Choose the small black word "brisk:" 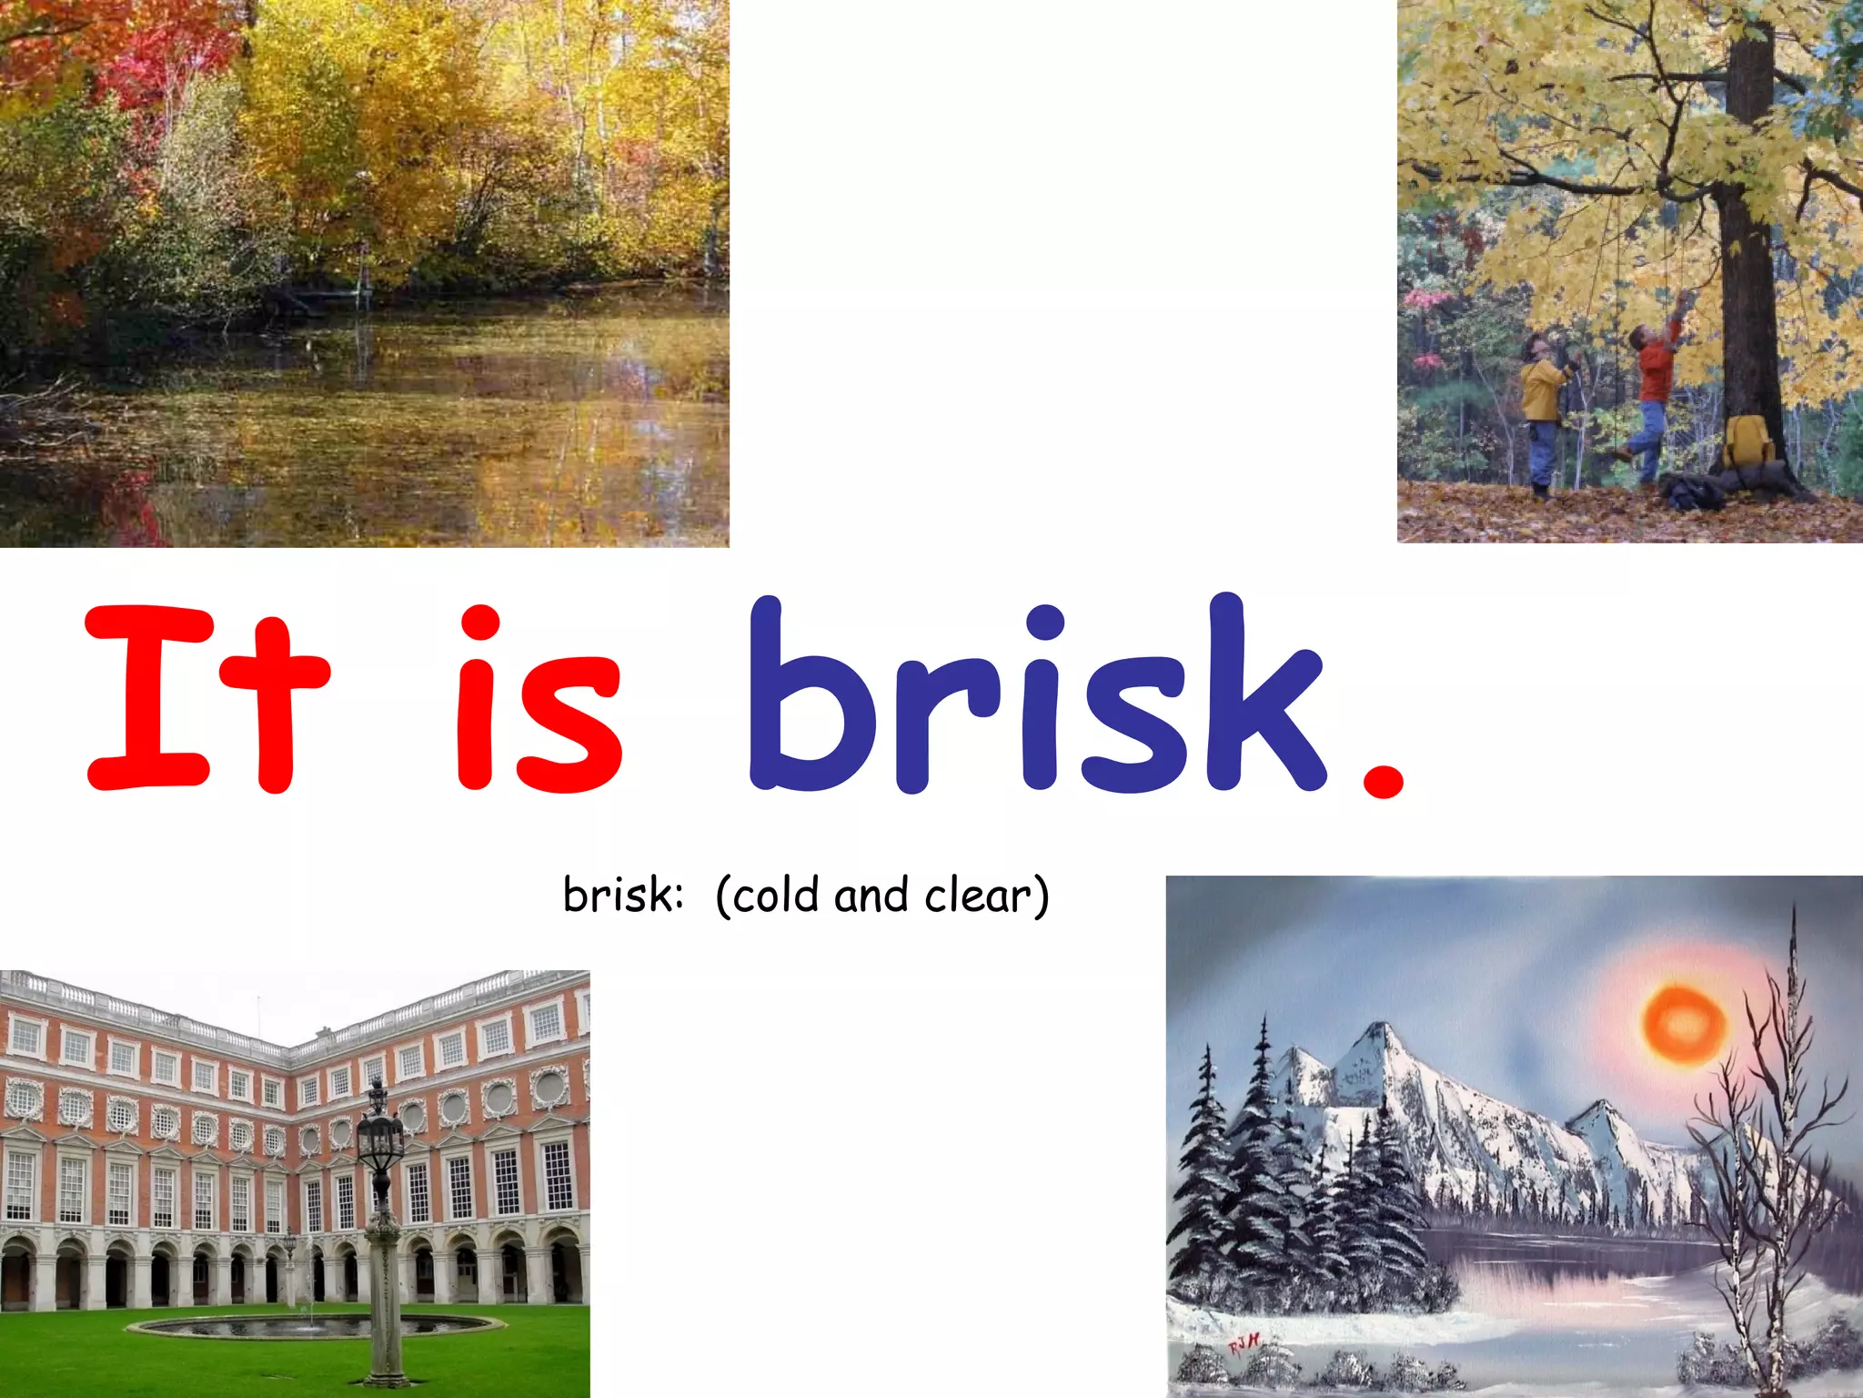point(622,896)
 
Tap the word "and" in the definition point(871,896)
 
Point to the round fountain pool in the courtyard point(314,1327)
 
